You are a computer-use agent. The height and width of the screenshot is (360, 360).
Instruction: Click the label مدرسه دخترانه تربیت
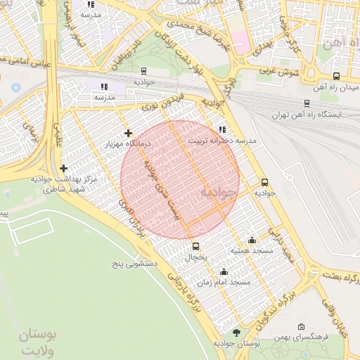click(221, 141)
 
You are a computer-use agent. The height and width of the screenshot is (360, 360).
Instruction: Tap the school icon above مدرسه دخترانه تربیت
click(222, 129)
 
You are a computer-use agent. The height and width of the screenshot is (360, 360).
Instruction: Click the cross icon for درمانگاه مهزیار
click(127, 132)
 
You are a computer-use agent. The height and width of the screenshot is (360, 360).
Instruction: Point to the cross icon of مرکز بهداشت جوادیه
click(64, 168)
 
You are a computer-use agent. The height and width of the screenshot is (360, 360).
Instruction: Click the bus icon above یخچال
click(195, 246)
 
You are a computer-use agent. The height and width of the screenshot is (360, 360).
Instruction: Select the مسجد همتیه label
click(251, 250)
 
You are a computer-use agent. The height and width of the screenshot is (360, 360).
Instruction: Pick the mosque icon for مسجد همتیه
click(252, 240)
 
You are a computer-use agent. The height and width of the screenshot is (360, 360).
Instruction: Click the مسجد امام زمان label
click(224, 282)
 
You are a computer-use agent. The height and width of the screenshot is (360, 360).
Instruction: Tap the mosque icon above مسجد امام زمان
click(224, 271)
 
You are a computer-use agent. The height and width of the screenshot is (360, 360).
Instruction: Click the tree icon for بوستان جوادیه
click(236, 332)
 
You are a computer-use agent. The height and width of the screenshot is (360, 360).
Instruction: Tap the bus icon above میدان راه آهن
click(336, 76)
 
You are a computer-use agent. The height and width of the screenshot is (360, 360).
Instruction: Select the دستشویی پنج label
click(139, 266)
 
